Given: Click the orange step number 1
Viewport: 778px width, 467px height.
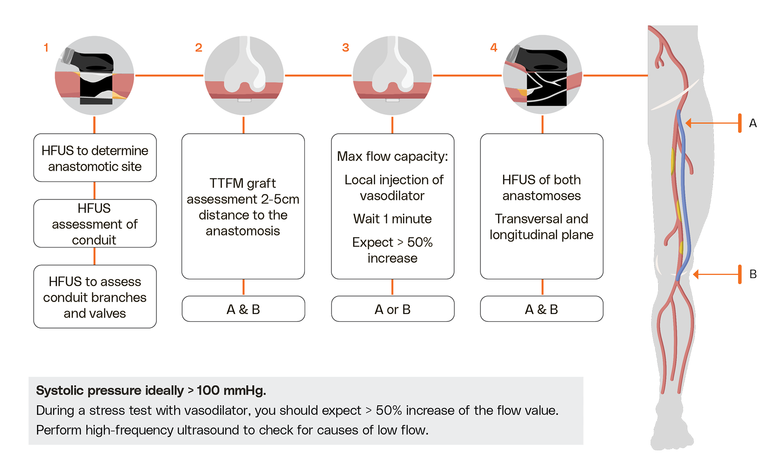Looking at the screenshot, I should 46,48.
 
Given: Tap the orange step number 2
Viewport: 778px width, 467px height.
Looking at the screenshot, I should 198,48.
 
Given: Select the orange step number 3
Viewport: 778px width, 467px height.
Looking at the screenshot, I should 346,48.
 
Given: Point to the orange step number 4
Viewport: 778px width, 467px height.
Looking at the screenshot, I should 494,48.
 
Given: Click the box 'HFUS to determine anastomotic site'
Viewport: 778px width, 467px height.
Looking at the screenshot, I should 95,158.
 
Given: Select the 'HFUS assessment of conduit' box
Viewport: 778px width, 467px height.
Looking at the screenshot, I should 95,224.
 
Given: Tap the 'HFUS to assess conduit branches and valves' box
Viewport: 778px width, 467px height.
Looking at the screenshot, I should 95,297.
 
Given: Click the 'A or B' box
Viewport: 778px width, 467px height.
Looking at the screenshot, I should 392,309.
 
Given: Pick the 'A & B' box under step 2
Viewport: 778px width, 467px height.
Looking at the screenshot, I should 243,309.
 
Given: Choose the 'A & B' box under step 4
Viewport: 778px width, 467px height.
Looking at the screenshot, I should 541,309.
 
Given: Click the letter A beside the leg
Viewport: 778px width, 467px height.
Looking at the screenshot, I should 753,123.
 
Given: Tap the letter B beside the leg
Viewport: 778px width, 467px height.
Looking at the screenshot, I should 753,274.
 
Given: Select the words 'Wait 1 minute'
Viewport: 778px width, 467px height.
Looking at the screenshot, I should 392,219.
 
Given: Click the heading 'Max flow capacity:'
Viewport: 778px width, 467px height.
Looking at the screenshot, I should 392,156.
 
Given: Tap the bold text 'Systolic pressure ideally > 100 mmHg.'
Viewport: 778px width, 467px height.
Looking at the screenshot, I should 151,391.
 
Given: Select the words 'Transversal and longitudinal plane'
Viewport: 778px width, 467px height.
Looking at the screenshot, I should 541,227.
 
